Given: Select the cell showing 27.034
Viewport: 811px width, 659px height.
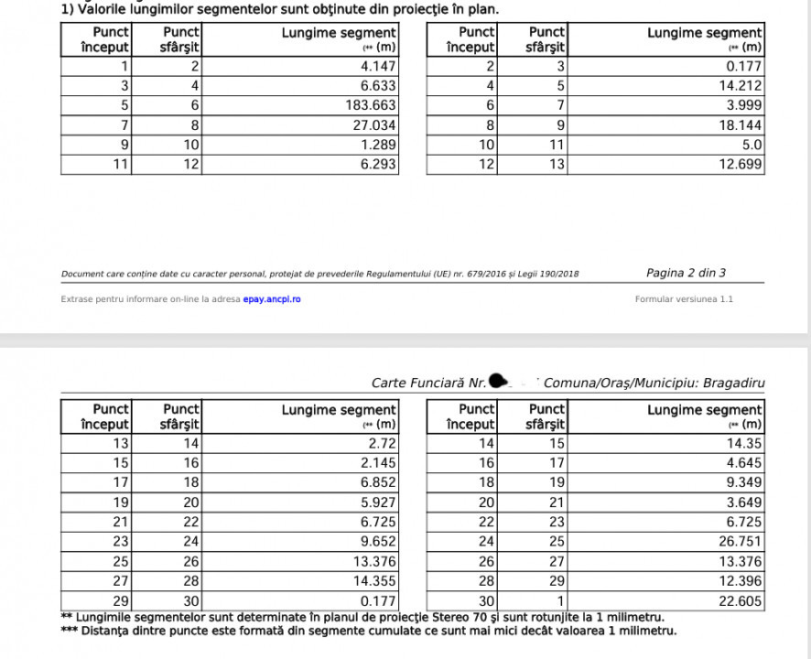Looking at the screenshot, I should pos(374,125).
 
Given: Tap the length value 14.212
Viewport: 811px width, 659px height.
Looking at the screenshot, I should pos(740,86).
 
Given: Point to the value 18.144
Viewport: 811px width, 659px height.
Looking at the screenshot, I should pos(740,125).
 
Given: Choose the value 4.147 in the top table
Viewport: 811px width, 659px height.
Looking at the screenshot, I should pos(378,66).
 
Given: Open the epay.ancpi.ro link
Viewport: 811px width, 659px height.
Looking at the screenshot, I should pos(272,299).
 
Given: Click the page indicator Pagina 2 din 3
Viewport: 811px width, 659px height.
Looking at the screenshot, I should pos(687,273).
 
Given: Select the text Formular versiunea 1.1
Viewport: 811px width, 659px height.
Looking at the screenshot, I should pos(684,299).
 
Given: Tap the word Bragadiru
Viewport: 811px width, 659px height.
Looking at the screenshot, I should pos(733,383).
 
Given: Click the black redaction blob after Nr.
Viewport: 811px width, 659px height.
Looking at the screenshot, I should pos(499,380).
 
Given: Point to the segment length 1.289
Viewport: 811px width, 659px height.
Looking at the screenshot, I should pos(378,145).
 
